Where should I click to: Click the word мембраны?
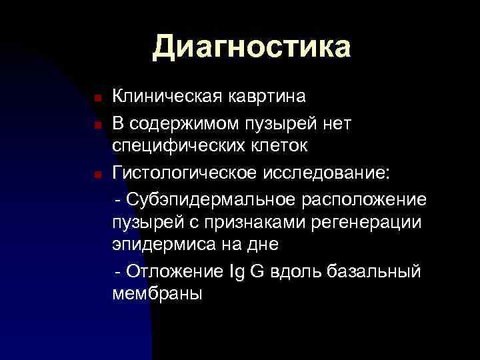point(157,294)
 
